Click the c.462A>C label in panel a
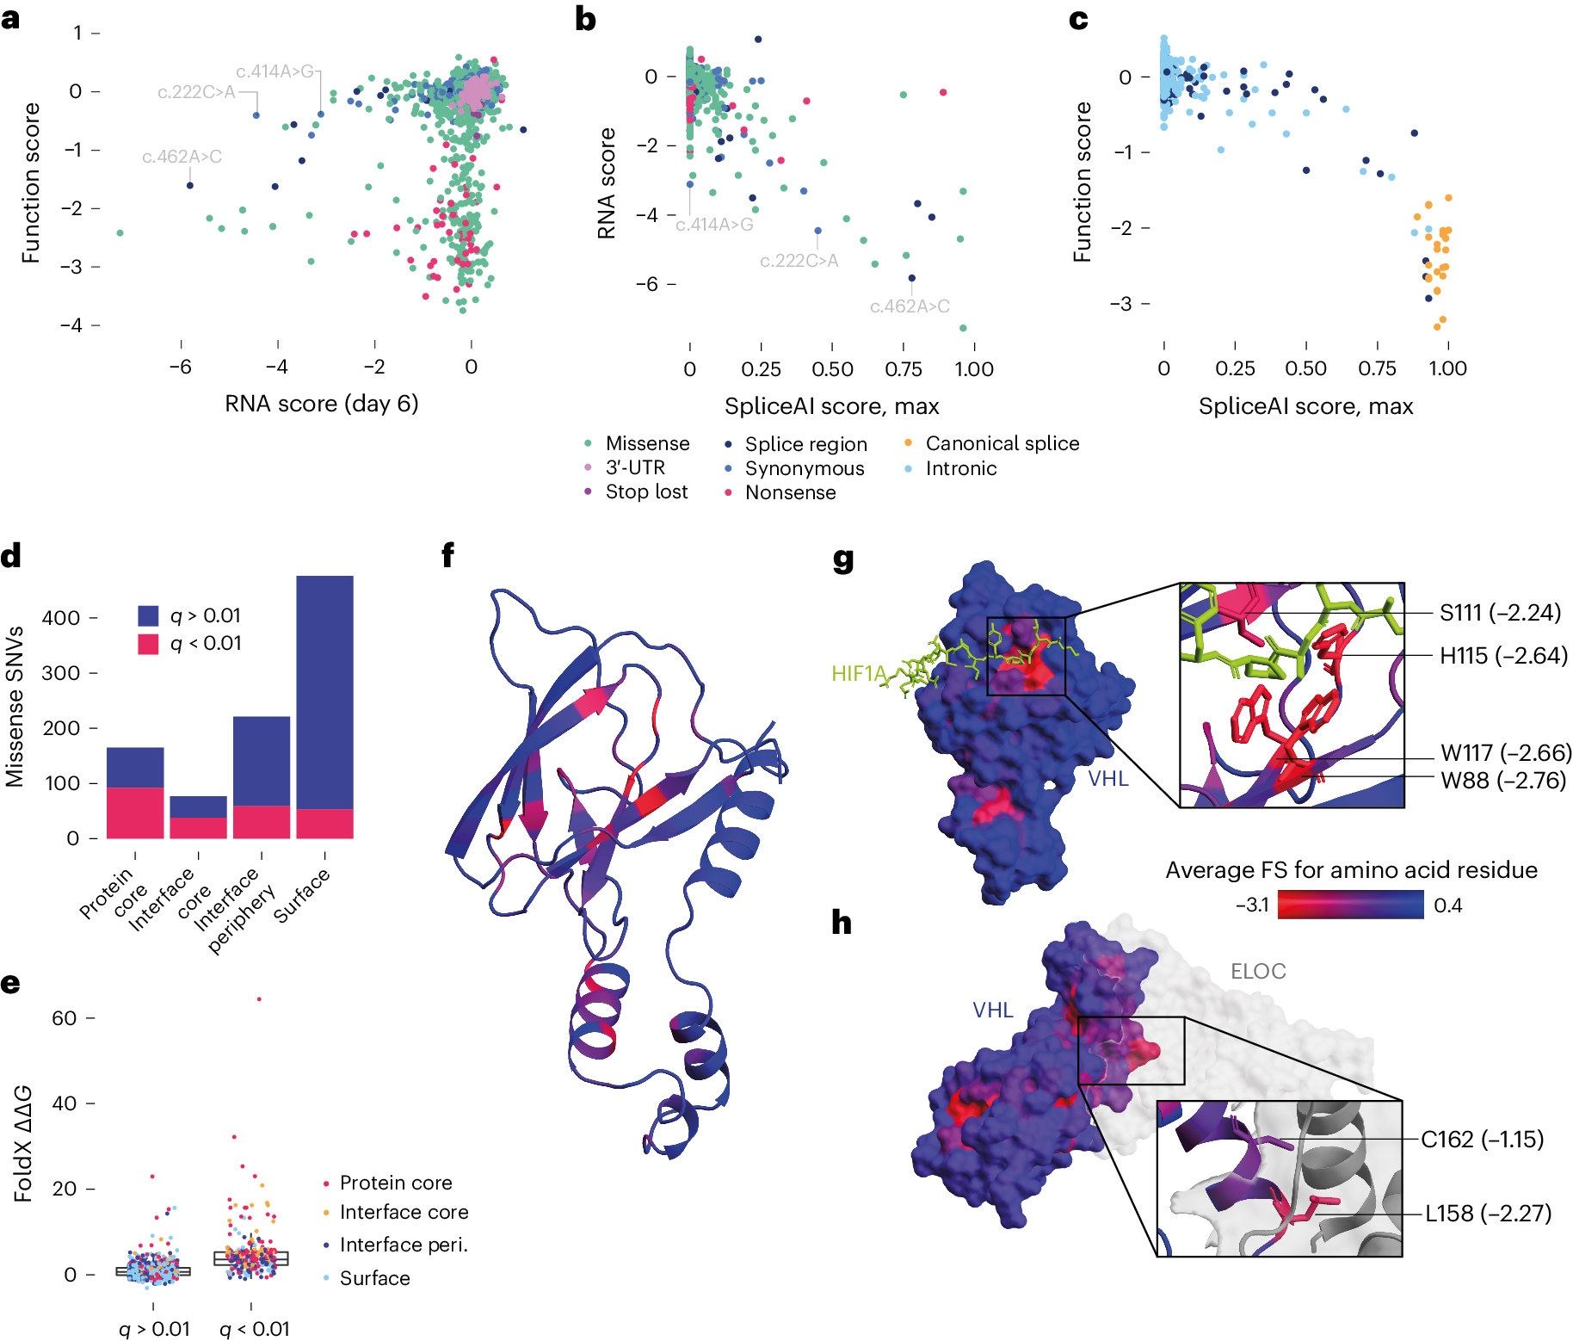182,157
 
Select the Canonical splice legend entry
1002,443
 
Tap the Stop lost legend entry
646,491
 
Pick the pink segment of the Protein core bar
135,813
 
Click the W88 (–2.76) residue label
1503,781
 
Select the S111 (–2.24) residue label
1500,613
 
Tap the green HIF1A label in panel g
858,673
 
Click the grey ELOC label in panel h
1257,971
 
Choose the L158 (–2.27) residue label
1488,1214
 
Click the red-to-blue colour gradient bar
1350,905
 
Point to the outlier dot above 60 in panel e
259,999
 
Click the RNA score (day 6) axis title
321,404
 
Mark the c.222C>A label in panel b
798,261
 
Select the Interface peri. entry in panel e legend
403,1245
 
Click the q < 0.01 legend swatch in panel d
148,644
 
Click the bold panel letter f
447,555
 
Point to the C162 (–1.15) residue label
1482,1140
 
